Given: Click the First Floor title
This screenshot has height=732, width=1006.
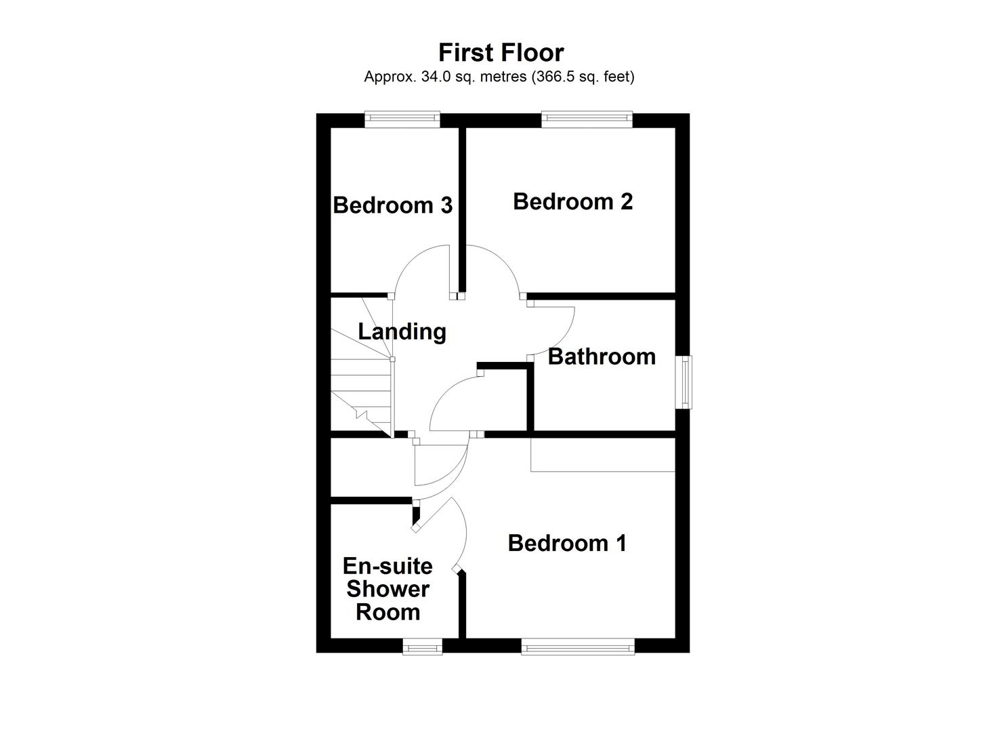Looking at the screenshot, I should click(x=501, y=53).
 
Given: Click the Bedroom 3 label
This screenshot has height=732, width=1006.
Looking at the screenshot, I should click(x=392, y=205).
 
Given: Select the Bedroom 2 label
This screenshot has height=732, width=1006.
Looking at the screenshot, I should click(x=572, y=201).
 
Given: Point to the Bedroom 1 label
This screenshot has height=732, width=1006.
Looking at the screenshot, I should click(x=567, y=543).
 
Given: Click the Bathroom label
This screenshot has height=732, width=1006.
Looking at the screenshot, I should click(x=602, y=357).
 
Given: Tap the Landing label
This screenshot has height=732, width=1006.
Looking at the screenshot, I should click(x=402, y=331).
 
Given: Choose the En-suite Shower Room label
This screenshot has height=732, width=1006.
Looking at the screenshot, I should click(x=387, y=589).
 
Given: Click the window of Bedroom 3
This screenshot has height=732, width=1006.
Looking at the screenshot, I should click(x=402, y=119).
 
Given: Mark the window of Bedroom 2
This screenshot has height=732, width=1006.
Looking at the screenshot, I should click(x=587, y=119).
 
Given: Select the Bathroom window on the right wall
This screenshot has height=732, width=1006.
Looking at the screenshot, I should click(x=686, y=382).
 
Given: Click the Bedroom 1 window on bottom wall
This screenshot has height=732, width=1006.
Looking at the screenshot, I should click(x=577, y=647).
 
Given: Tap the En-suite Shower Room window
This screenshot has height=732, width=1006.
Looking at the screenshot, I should click(x=423, y=647).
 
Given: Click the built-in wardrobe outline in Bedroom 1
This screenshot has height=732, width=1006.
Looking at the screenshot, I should click(x=603, y=455).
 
